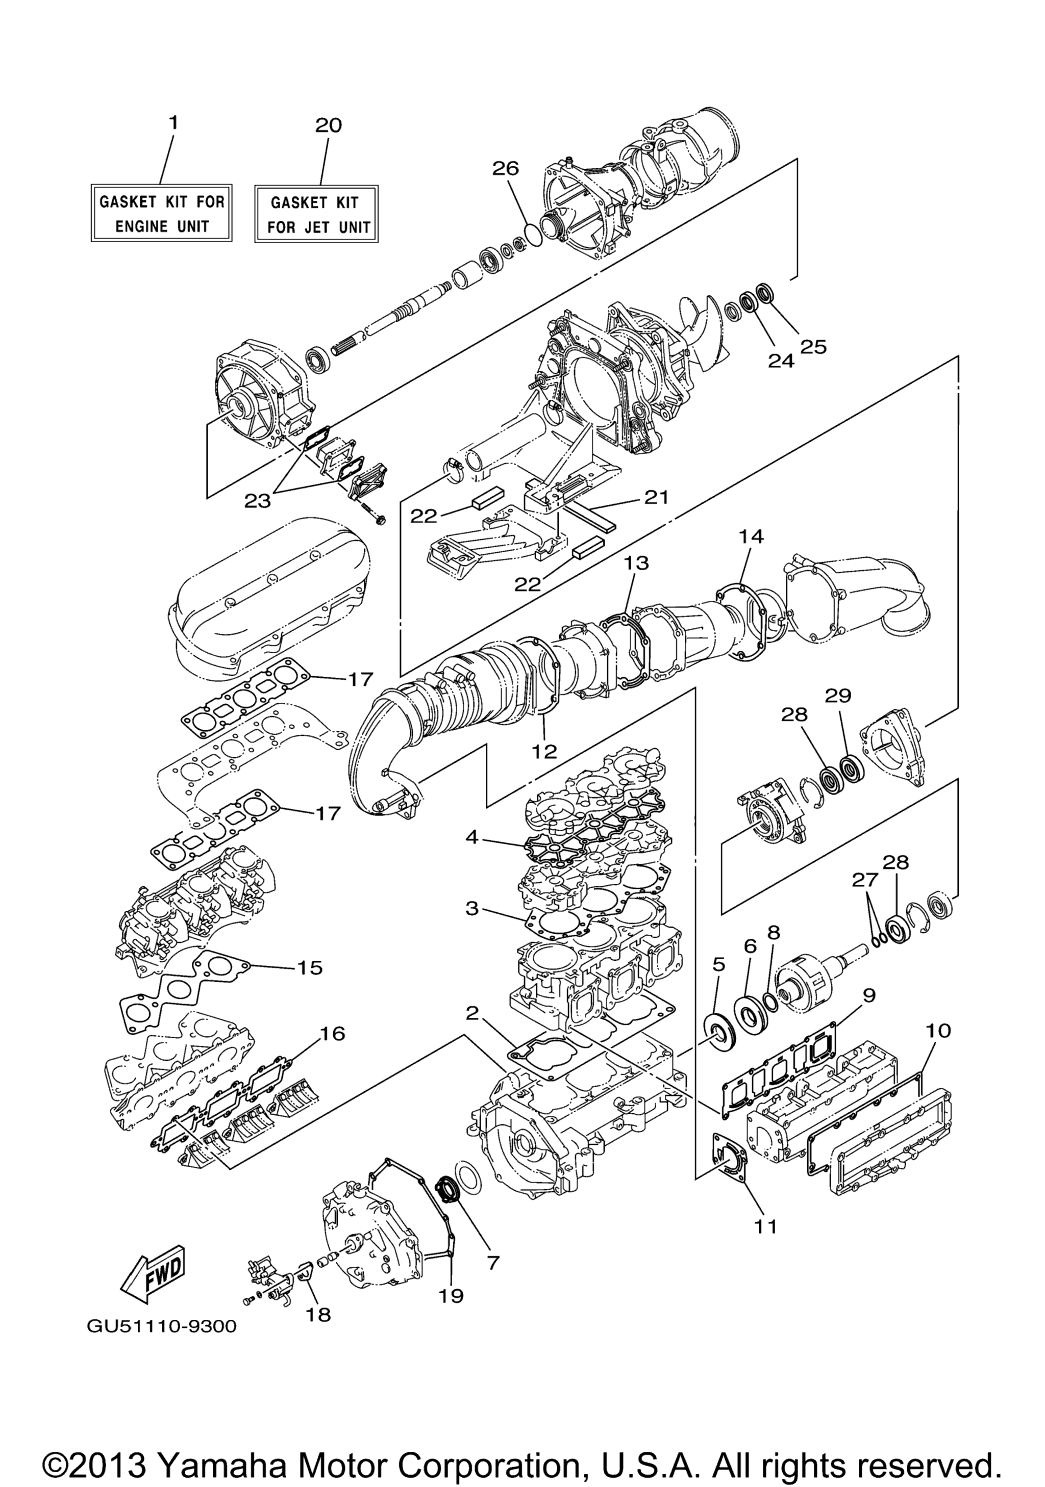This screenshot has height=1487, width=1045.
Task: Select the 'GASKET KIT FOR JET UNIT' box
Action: pos(316,214)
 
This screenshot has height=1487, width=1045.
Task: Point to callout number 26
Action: pos(505,168)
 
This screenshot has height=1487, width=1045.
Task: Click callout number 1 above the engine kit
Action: pos(172,122)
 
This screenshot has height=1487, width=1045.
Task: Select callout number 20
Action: pos(328,125)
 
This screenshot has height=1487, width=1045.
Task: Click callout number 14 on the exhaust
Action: pos(752,536)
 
